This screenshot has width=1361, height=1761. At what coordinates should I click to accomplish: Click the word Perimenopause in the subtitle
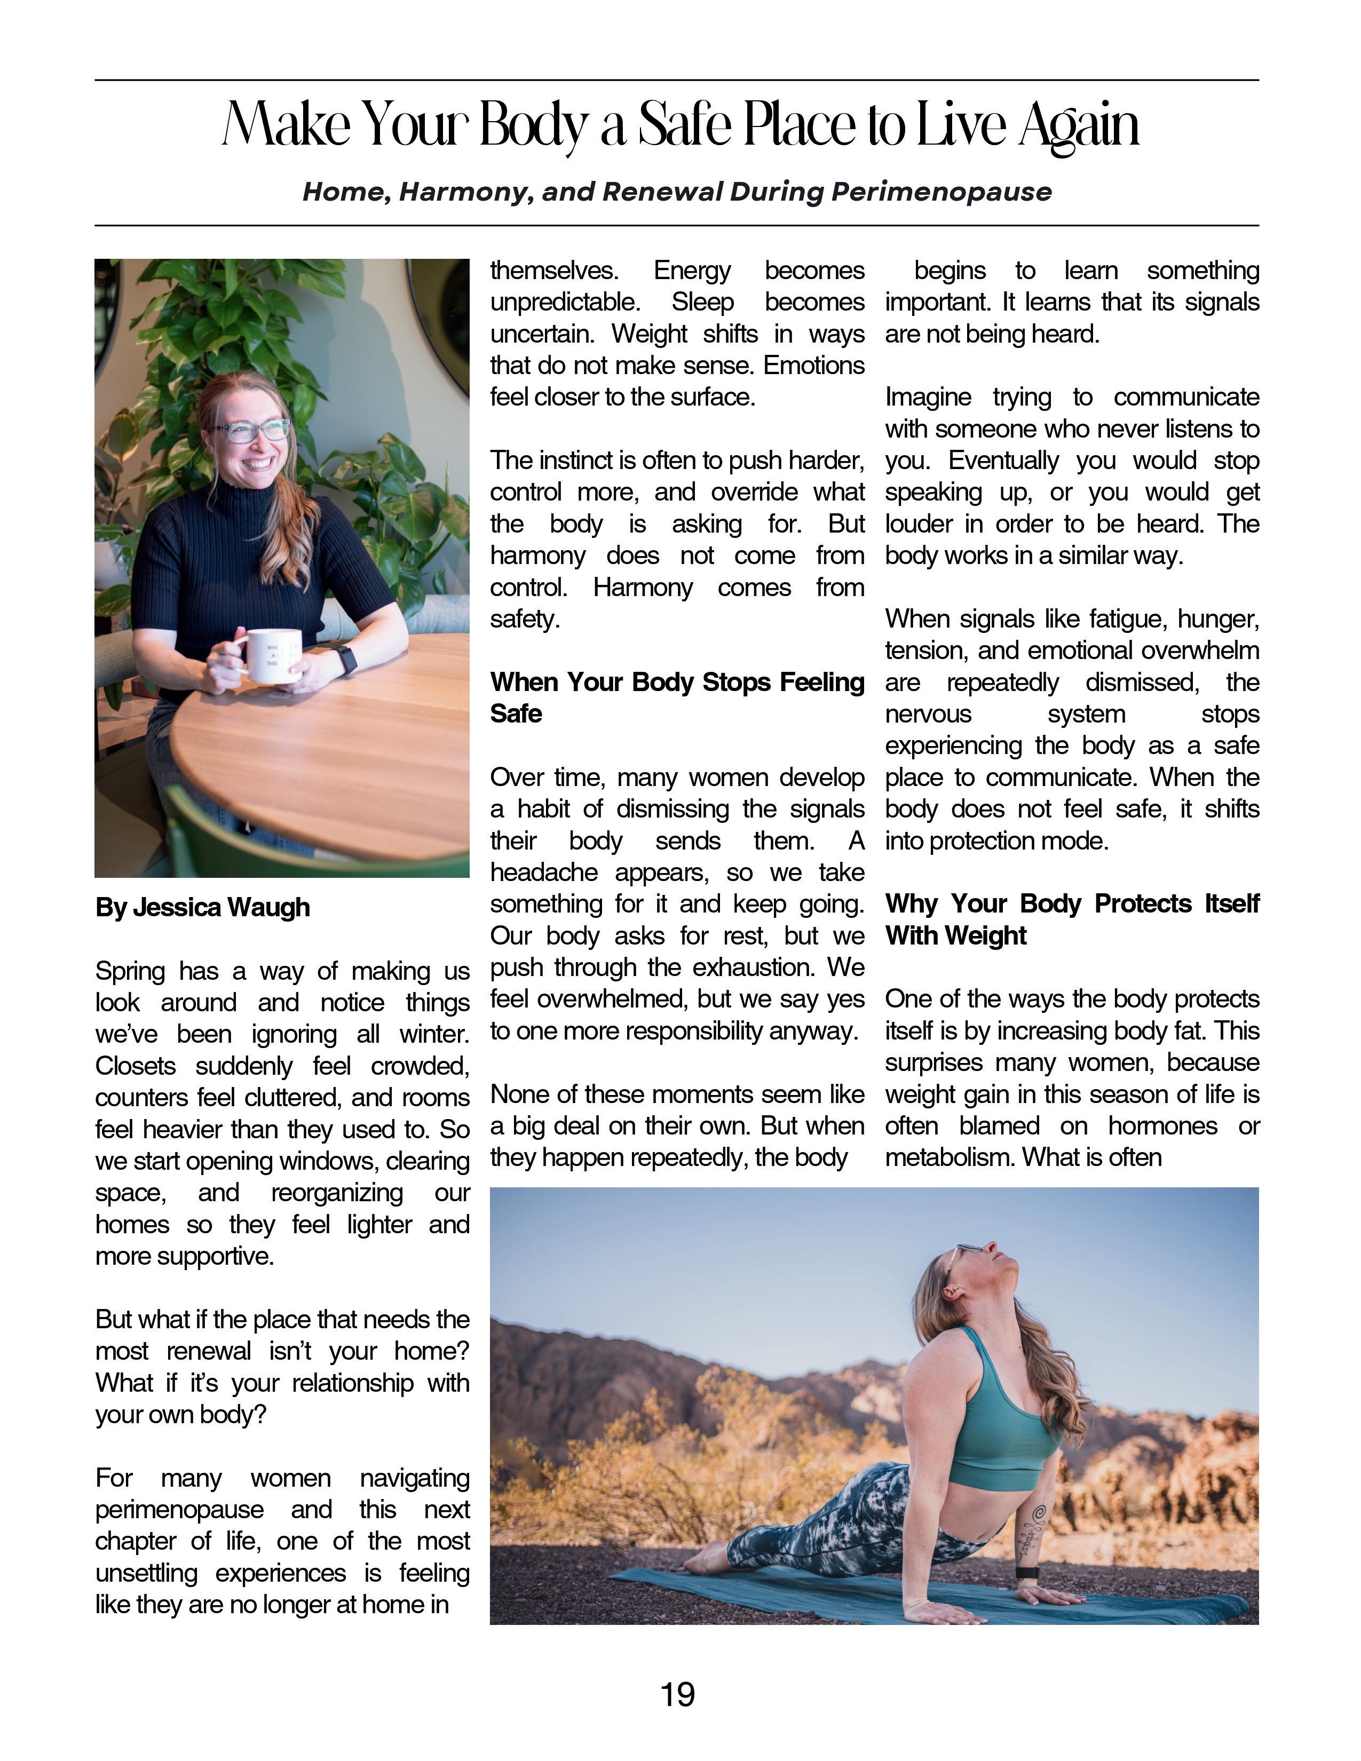pos(941,192)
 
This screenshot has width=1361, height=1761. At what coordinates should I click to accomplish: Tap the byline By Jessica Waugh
pos(202,907)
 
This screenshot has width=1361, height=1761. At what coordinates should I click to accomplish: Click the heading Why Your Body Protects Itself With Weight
pos(1072,919)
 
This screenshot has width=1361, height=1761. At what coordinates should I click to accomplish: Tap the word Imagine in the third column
pos(927,398)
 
